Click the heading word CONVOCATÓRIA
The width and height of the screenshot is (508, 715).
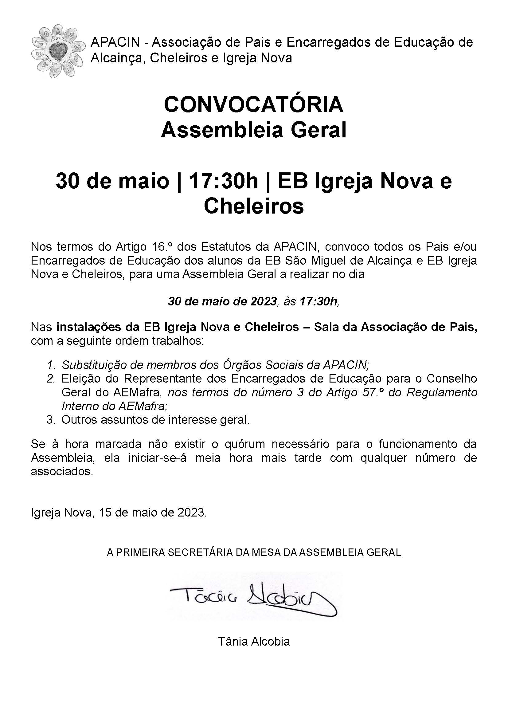(254, 105)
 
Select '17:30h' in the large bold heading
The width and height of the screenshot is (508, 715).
(223, 182)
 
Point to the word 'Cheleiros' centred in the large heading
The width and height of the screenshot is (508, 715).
(254, 206)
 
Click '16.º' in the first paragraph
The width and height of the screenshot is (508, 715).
(163, 247)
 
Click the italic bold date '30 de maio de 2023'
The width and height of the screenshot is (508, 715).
(223, 301)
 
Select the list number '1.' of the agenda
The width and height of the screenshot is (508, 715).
(51, 365)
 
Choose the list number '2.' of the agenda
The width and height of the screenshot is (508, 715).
(51, 379)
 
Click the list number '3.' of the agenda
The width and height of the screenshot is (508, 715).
(51, 420)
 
